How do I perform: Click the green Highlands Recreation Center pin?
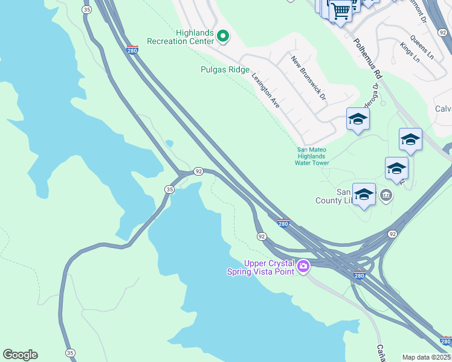point(223,37)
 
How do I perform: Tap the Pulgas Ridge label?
point(225,70)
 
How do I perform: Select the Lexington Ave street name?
point(266,91)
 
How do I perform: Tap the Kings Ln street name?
point(409,52)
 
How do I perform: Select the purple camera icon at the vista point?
point(303,265)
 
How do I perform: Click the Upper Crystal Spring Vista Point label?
point(269,267)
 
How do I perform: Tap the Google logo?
point(20,355)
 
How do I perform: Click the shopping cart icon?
point(341,10)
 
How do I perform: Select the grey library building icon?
point(387,195)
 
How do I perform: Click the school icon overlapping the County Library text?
point(364,194)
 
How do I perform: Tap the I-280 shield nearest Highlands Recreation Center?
point(132,49)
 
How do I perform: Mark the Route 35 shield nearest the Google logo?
point(71,353)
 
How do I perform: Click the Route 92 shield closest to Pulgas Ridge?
point(198,171)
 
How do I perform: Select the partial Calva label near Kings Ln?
point(443,109)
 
